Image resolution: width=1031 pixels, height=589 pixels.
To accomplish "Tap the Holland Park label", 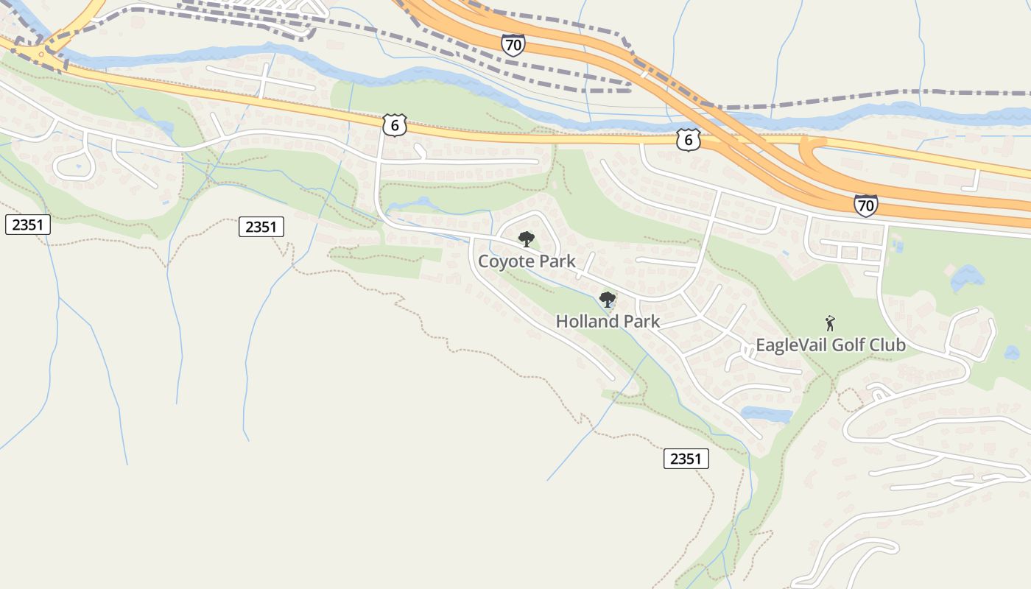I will click(608, 322).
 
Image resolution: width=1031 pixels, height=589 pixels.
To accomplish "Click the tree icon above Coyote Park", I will click(526, 239).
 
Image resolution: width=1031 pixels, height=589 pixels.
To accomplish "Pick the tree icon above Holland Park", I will click(608, 299).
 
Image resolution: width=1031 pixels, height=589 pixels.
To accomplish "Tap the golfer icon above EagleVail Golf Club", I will click(831, 323).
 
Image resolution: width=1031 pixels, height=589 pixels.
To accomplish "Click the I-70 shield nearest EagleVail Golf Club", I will click(866, 205).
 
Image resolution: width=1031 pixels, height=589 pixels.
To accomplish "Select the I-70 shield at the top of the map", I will click(513, 45).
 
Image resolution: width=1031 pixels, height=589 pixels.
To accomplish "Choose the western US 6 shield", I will click(395, 125).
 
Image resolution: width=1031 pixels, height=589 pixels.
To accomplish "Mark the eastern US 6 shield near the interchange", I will click(688, 140).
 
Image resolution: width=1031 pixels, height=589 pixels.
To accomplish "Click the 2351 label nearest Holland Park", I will click(686, 459).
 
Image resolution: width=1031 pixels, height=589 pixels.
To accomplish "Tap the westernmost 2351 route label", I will click(28, 225).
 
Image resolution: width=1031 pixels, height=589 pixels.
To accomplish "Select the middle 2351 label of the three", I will click(261, 227).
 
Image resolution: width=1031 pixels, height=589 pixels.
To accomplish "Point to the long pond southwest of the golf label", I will click(766, 414).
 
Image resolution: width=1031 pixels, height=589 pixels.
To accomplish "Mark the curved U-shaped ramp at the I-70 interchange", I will click(810, 158).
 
